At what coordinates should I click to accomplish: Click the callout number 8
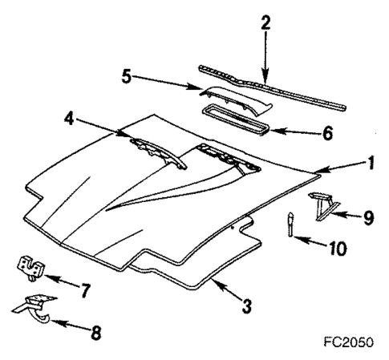(x=95, y=333)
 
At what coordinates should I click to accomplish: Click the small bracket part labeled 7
(x=30, y=267)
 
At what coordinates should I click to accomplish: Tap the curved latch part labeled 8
(x=34, y=308)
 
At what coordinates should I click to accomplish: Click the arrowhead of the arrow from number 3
(x=213, y=277)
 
